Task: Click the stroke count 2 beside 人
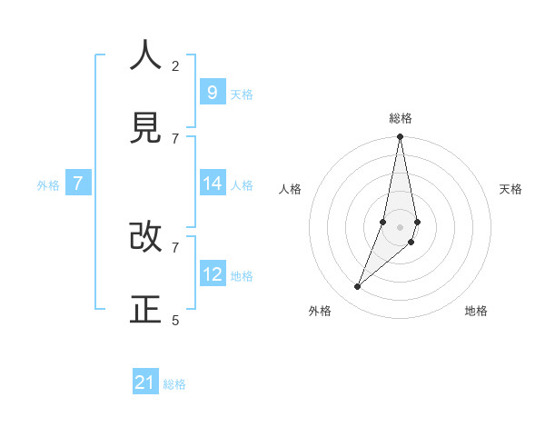(x=175, y=65)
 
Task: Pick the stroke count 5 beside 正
(x=175, y=320)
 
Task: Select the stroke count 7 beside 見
(x=175, y=138)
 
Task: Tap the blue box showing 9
(x=212, y=92)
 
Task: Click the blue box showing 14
(x=212, y=184)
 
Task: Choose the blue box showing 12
(x=212, y=273)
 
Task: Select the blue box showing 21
(x=145, y=382)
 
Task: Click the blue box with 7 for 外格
(x=78, y=184)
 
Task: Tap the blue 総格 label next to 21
(x=174, y=384)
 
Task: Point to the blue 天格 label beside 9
(x=242, y=94)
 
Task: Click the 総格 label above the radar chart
(x=401, y=118)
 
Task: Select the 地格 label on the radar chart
(x=476, y=311)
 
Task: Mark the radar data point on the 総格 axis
(x=400, y=137)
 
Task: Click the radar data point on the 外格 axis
(x=358, y=287)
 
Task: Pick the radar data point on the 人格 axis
(x=383, y=222)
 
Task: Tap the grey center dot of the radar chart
(x=400, y=227)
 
